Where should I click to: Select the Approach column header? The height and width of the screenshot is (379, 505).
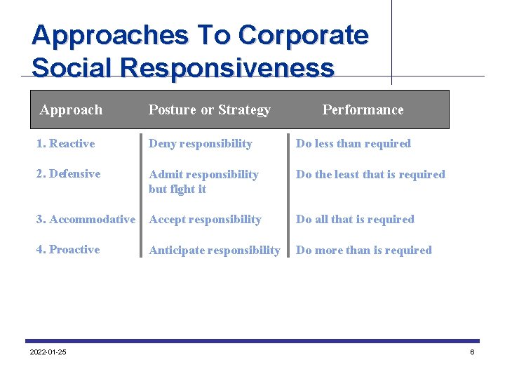point(71,109)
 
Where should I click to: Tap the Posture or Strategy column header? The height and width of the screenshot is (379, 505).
point(209,109)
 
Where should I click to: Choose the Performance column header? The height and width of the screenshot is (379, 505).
point(363,109)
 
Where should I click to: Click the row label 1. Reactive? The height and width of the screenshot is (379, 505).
point(65,144)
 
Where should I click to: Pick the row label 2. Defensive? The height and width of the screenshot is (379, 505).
point(68,174)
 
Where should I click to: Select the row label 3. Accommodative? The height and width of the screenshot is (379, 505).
point(86,220)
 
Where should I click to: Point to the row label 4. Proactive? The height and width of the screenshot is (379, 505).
point(68,250)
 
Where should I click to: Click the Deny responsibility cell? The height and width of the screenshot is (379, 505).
point(200,144)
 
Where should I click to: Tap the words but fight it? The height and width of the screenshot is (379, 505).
point(177,189)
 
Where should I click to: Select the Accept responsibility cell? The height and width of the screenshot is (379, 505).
point(205,220)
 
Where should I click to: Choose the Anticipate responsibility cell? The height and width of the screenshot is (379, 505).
point(214,251)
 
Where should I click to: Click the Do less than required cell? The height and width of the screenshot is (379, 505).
point(353,144)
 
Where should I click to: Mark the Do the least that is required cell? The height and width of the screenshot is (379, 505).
point(370,175)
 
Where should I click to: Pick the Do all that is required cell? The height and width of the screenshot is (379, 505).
point(355,220)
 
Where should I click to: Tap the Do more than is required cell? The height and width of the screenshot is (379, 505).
point(363,251)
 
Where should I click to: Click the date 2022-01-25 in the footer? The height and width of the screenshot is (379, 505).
point(48,352)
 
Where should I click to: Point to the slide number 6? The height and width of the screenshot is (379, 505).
point(472,352)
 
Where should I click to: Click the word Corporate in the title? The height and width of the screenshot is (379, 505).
point(303,35)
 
